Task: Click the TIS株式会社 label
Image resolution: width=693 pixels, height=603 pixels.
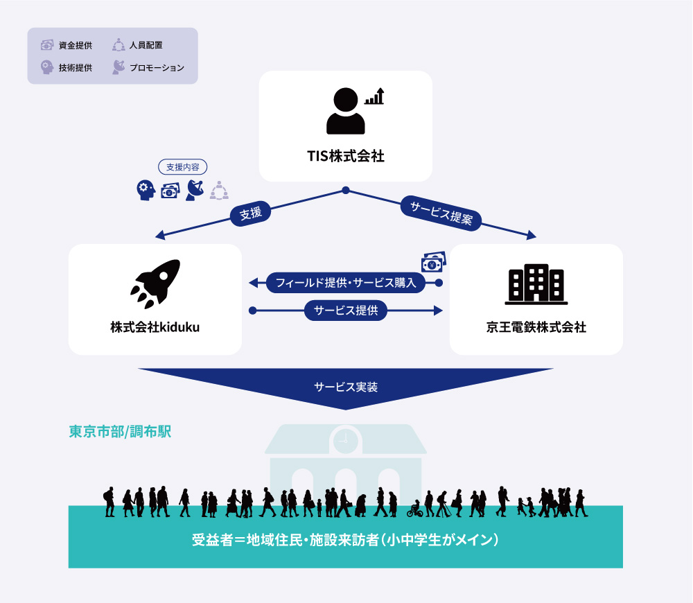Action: click(x=346, y=156)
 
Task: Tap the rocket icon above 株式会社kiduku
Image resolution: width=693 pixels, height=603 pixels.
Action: click(x=155, y=283)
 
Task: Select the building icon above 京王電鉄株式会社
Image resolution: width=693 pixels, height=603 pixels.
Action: click(x=536, y=284)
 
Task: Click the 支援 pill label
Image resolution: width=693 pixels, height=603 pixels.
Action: click(x=251, y=213)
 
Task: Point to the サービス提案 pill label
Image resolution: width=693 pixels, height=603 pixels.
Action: click(x=441, y=213)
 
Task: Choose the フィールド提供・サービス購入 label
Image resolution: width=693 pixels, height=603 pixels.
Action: click(x=346, y=283)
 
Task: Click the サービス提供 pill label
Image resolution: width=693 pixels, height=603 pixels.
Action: click(x=346, y=311)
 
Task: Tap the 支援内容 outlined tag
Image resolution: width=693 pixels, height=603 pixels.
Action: click(x=182, y=166)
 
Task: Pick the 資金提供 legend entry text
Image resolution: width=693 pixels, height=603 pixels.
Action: click(x=75, y=45)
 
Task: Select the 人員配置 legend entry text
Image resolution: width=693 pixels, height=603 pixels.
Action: click(x=146, y=45)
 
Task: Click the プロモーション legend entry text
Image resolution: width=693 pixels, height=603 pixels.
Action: click(x=157, y=68)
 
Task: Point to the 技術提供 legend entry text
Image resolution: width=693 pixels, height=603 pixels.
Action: click(x=75, y=68)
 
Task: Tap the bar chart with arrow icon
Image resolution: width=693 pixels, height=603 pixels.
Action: click(x=374, y=96)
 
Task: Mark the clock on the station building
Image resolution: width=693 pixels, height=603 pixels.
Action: click(x=346, y=440)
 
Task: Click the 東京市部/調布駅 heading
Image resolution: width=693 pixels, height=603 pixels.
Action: click(x=120, y=432)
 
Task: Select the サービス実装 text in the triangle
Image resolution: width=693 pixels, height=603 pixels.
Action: click(x=346, y=387)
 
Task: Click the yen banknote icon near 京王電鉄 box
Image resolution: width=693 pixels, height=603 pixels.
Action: click(x=434, y=262)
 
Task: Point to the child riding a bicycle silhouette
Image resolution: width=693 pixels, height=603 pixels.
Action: click(x=415, y=509)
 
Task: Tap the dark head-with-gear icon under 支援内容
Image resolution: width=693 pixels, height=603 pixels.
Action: click(x=146, y=190)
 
